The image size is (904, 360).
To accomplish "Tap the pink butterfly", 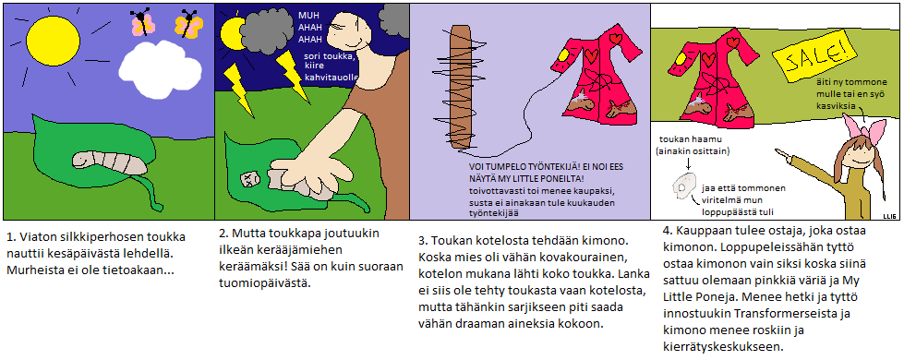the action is click(x=142, y=23).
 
